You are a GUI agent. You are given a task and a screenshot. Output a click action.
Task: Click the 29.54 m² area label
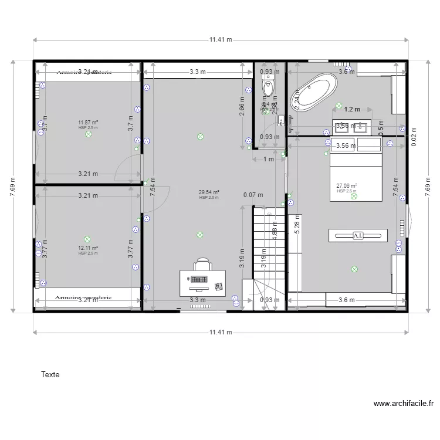(209, 192)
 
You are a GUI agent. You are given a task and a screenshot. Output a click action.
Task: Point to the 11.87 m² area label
(88, 123)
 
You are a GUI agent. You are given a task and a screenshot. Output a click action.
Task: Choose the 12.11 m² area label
(88, 248)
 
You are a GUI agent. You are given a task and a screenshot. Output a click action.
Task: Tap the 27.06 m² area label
(347, 186)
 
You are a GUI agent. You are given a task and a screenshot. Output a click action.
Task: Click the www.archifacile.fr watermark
(403, 404)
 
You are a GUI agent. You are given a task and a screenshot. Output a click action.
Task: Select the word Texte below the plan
(50, 374)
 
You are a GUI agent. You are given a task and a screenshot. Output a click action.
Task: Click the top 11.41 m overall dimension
(221, 40)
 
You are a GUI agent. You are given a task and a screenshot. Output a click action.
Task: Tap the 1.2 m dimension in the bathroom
(351, 109)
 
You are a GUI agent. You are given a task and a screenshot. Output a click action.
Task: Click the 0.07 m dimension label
(254, 195)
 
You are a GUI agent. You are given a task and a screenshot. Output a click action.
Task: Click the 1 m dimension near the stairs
(269, 159)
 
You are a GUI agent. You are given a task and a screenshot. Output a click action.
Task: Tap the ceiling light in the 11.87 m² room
(89, 134)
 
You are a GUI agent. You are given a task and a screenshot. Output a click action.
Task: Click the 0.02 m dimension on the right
(413, 137)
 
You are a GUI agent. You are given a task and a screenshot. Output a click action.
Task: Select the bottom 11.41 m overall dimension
(221, 333)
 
